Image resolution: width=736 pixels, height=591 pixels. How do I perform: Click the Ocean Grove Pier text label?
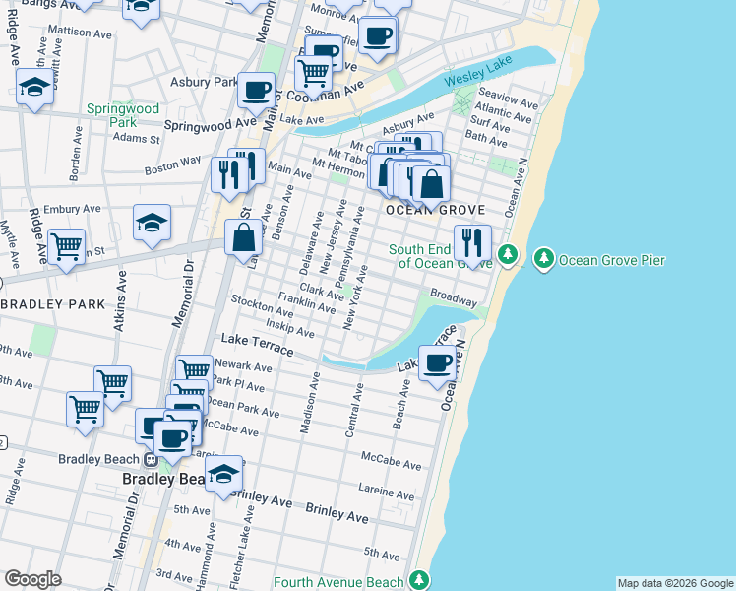click(612, 260)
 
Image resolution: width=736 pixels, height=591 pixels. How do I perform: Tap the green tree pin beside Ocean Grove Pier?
click(542, 259)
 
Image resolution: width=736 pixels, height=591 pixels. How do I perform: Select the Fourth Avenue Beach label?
click(339, 582)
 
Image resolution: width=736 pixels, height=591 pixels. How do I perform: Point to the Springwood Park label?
click(123, 115)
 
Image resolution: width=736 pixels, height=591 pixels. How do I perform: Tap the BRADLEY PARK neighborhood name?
click(51, 304)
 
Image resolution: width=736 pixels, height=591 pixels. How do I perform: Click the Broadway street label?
click(454, 296)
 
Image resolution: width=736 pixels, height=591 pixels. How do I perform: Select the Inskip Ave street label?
click(289, 328)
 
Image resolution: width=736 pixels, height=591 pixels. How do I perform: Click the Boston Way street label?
click(172, 164)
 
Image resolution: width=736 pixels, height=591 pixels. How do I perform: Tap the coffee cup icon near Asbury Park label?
click(257, 90)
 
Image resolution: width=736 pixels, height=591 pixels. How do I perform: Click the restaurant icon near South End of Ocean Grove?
click(472, 242)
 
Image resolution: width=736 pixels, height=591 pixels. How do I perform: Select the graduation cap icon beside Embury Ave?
click(152, 222)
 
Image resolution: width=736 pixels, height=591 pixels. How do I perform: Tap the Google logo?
click(32, 579)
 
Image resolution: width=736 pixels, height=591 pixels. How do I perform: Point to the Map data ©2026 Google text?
click(675, 583)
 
